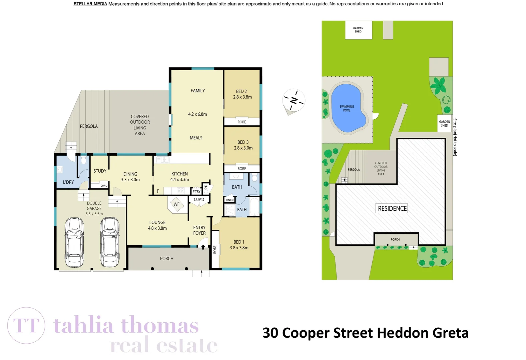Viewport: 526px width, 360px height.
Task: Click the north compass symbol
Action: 294,100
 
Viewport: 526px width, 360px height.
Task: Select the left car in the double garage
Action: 74,242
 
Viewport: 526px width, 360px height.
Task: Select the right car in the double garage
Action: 110,242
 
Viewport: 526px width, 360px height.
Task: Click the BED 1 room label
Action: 239,242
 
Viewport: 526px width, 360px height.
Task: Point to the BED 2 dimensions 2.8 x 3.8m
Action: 242,97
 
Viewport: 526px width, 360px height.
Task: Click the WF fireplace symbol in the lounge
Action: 176,204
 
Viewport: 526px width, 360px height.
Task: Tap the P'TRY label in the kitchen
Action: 196,191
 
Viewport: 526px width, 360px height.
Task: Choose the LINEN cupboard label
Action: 230,200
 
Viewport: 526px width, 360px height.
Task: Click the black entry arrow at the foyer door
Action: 203,247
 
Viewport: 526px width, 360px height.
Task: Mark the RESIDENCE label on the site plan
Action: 392,208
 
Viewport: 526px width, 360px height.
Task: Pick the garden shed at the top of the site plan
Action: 358,30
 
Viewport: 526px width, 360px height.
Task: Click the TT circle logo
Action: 26,326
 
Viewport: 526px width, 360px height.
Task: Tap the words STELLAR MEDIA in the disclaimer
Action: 90,4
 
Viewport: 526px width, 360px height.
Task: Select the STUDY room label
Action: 100,171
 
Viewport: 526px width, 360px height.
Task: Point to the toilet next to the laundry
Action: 83,160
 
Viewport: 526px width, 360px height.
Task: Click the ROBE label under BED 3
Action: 242,169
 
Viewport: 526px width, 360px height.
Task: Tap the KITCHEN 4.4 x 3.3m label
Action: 179,177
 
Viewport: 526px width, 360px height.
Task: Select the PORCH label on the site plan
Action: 395,239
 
